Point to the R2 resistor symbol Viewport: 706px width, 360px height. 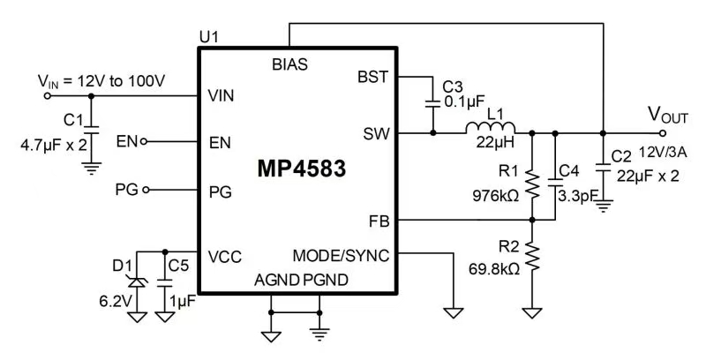pos(532,257)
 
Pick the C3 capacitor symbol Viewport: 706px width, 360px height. pos(432,101)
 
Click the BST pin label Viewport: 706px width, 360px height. pos(372,78)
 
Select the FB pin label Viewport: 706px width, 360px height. pos(378,220)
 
